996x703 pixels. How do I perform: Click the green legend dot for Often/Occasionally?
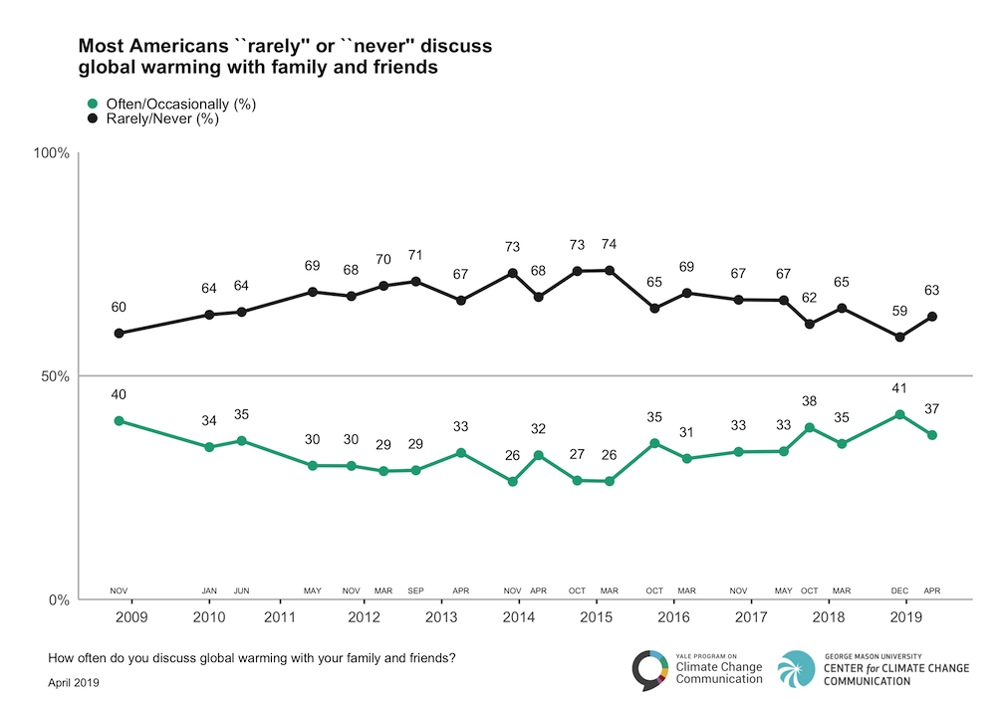click(93, 104)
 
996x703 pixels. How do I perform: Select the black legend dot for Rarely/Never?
click(93, 118)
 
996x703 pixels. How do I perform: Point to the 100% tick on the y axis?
click(52, 153)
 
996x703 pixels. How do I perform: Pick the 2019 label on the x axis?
click(905, 617)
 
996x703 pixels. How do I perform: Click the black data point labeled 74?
click(610, 270)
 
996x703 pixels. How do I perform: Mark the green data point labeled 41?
click(900, 414)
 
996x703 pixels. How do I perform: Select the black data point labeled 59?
click(900, 337)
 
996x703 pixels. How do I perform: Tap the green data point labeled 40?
click(119, 420)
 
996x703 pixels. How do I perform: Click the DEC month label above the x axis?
click(900, 591)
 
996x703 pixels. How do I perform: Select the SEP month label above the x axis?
click(416, 591)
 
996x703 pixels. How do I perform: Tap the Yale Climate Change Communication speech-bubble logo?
click(650, 669)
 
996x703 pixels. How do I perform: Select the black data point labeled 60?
click(119, 333)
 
